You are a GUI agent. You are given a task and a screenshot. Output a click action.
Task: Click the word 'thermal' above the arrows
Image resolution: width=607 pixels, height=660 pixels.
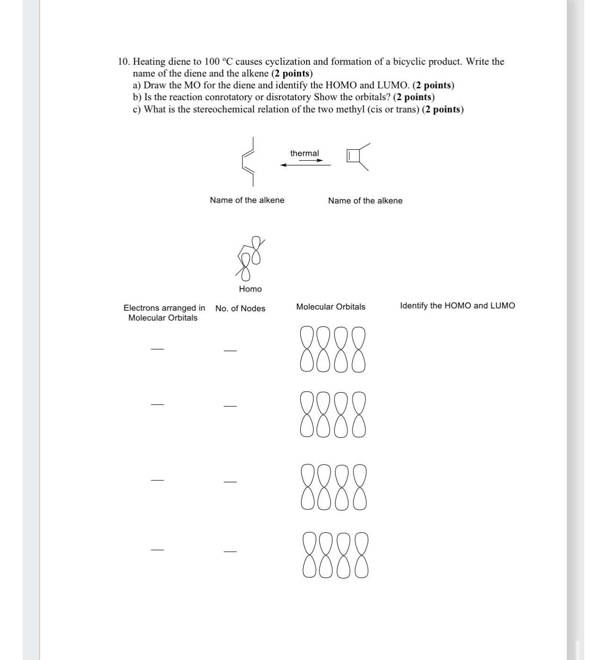click(x=304, y=153)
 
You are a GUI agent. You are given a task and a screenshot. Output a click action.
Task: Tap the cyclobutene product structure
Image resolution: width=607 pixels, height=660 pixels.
click(x=358, y=156)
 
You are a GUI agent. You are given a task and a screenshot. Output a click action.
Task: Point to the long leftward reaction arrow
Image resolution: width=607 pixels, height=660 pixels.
click(x=305, y=165)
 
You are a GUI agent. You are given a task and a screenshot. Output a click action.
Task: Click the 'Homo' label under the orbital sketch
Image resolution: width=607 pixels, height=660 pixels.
click(x=250, y=289)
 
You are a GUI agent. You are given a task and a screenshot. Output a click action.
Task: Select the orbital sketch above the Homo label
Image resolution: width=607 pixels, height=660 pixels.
click(x=250, y=258)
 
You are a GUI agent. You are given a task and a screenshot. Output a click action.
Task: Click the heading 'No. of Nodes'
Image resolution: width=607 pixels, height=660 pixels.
click(x=240, y=309)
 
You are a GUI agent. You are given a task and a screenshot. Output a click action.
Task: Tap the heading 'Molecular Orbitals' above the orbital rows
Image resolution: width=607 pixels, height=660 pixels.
click(x=330, y=307)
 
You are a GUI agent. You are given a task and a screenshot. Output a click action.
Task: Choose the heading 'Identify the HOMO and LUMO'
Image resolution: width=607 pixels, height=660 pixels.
click(x=457, y=306)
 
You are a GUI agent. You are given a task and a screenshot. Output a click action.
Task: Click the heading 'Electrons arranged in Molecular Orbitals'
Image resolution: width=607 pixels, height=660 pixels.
click(x=164, y=313)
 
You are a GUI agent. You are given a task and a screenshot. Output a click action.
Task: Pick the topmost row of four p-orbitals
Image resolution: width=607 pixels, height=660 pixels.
click(x=333, y=349)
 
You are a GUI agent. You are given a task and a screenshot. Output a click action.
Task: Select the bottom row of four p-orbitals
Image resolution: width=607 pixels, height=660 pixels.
click(x=335, y=555)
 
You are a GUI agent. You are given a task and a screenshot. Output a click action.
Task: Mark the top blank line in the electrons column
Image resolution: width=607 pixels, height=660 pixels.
click(x=157, y=349)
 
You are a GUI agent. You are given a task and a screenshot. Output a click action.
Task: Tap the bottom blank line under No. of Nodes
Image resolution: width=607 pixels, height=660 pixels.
click(x=230, y=551)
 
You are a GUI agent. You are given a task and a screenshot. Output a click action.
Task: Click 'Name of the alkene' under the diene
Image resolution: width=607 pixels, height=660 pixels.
click(x=247, y=200)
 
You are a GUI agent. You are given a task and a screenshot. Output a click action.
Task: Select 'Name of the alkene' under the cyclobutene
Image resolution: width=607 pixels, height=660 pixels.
click(x=365, y=201)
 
